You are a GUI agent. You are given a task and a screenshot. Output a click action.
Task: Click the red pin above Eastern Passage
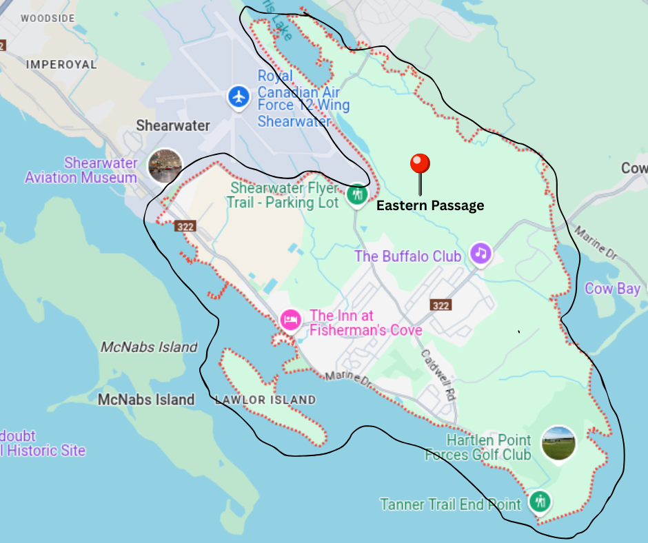420,165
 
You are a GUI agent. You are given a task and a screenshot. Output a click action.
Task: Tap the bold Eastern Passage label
429,205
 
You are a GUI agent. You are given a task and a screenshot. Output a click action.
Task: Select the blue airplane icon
239,97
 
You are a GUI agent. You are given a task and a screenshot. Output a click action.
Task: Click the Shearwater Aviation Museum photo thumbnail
165,166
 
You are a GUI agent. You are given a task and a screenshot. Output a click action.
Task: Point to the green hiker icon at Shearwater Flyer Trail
356,195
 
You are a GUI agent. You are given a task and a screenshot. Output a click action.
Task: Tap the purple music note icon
480,253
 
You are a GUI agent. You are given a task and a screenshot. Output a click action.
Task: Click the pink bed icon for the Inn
290,320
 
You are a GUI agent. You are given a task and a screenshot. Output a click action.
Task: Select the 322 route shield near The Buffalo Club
441,305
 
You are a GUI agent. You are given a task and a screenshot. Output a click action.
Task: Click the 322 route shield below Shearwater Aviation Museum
185,226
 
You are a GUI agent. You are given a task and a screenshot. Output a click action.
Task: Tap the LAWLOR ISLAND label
265,400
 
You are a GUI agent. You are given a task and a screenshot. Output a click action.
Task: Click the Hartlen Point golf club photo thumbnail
558,443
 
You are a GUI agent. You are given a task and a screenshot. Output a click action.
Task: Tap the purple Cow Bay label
612,289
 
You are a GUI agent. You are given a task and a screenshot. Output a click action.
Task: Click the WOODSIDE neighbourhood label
47,19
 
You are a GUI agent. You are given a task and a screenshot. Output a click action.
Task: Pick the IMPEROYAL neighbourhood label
61,64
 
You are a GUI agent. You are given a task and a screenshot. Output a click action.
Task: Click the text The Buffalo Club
407,256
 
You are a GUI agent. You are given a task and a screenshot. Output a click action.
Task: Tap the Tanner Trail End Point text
450,504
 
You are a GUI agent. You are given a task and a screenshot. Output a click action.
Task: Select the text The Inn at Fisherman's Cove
365,323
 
